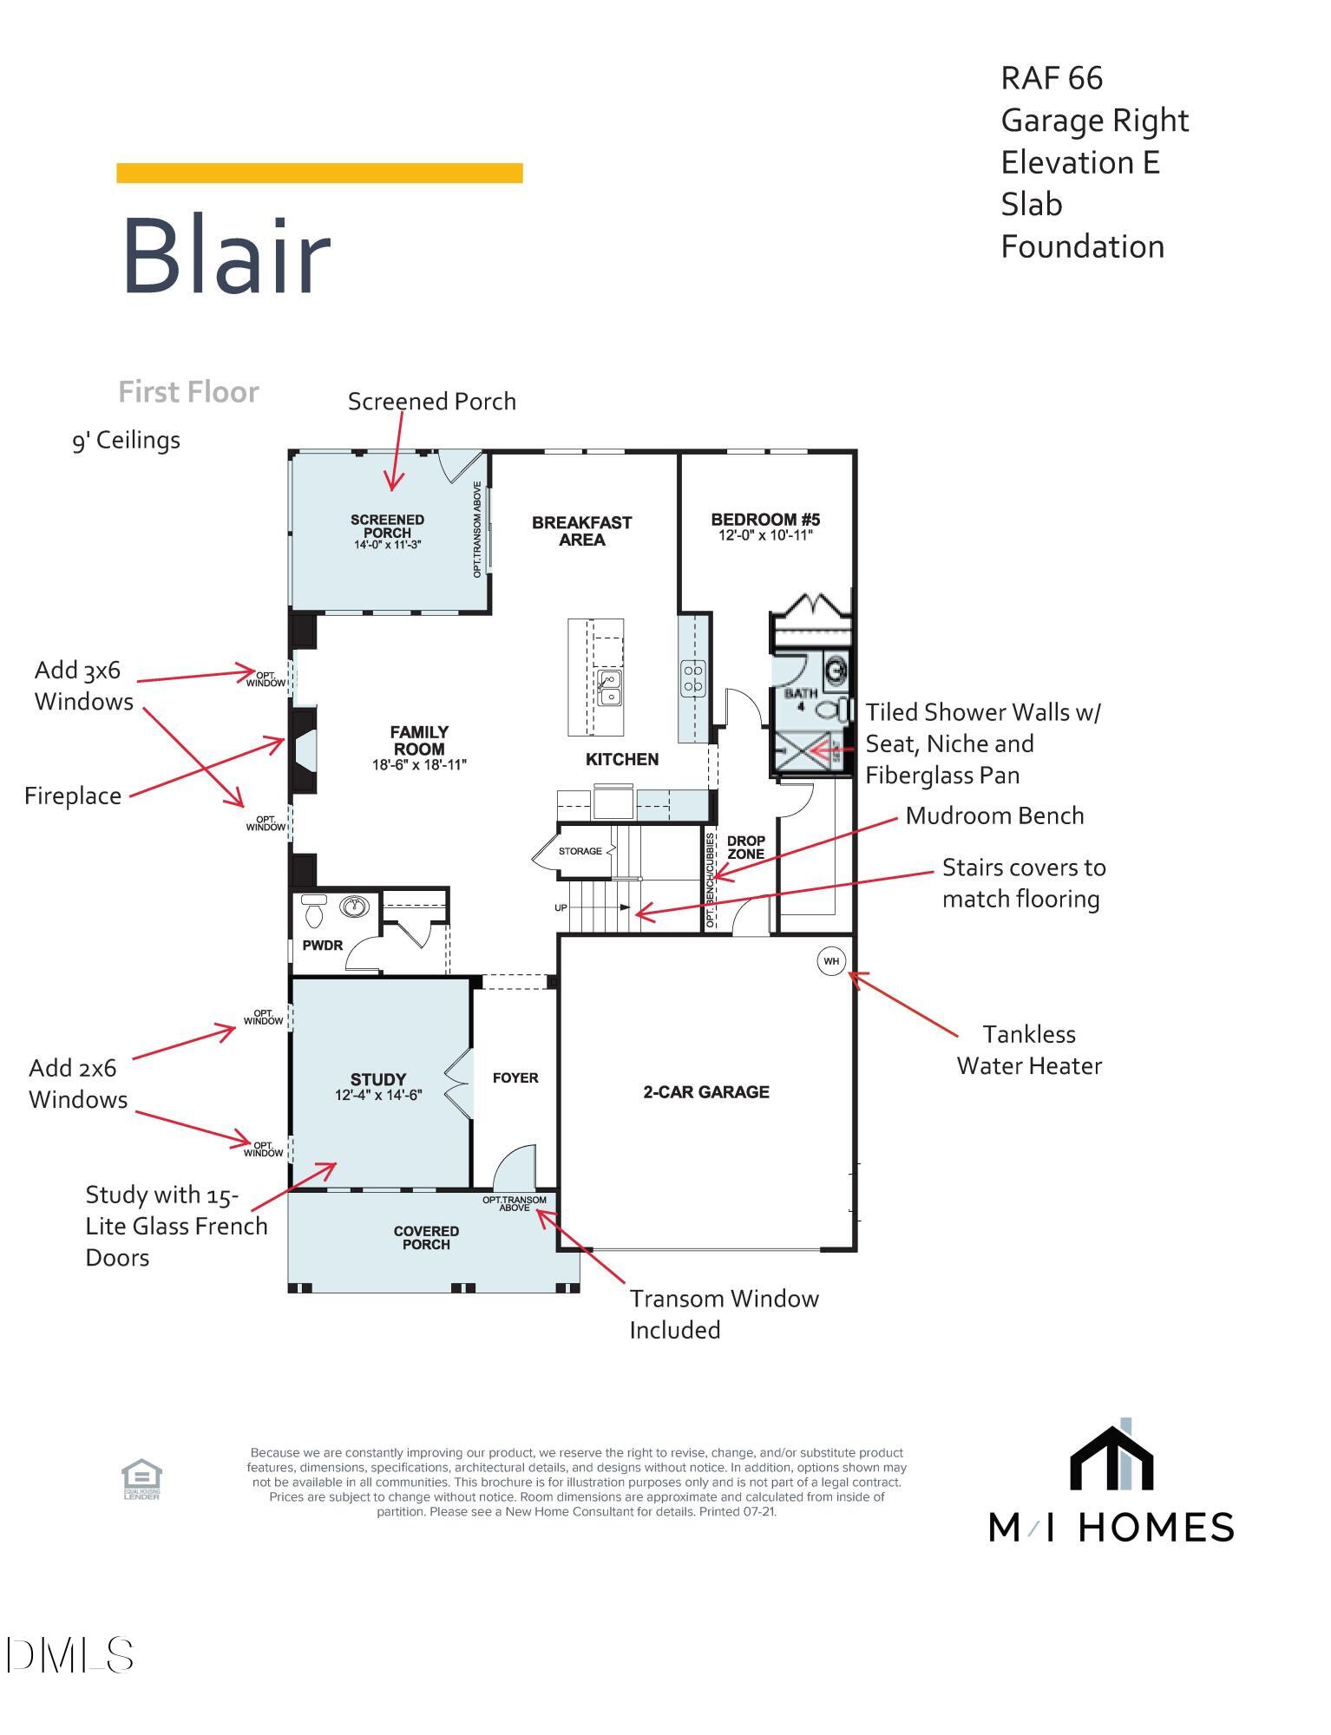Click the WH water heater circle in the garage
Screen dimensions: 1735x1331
(x=831, y=960)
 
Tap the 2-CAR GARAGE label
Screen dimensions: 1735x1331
(x=705, y=1092)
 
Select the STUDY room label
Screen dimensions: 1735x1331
(x=378, y=1080)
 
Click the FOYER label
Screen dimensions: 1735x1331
(x=515, y=1077)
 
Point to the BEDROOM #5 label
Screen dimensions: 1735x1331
(x=765, y=520)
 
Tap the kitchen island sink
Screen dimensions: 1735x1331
(x=609, y=687)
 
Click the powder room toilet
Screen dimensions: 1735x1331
(x=313, y=910)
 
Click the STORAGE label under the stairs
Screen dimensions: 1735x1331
(x=580, y=851)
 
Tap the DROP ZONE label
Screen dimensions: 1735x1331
(x=745, y=848)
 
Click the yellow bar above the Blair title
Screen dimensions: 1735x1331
(x=319, y=173)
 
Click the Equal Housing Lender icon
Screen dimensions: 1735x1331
(x=141, y=1479)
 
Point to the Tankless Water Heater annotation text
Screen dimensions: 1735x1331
(x=1029, y=1050)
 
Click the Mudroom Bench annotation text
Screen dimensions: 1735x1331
(x=994, y=815)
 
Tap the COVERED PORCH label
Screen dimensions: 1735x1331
(x=426, y=1237)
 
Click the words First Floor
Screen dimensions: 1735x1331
(x=188, y=392)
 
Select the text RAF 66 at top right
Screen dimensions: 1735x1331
(x=1052, y=78)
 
